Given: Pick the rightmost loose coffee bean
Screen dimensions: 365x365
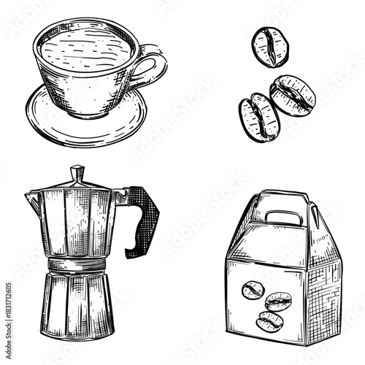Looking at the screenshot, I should coord(293,95).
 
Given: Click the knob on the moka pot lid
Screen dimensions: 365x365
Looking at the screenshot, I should coord(77,174).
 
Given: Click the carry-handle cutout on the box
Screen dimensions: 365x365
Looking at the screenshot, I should coord(284,217).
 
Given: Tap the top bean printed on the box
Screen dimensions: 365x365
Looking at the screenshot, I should coord(253,289).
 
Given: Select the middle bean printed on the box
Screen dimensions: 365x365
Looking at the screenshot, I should coord(278,301).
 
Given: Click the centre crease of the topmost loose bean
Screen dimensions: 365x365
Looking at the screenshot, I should coord(270,46).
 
